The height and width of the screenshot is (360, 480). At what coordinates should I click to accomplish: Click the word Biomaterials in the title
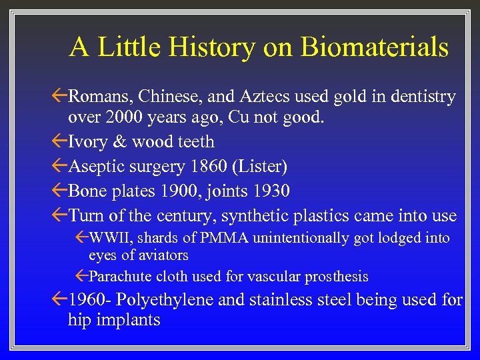[x=374, y=47]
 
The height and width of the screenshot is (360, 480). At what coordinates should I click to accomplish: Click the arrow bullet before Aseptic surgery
[x=59, y=166]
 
